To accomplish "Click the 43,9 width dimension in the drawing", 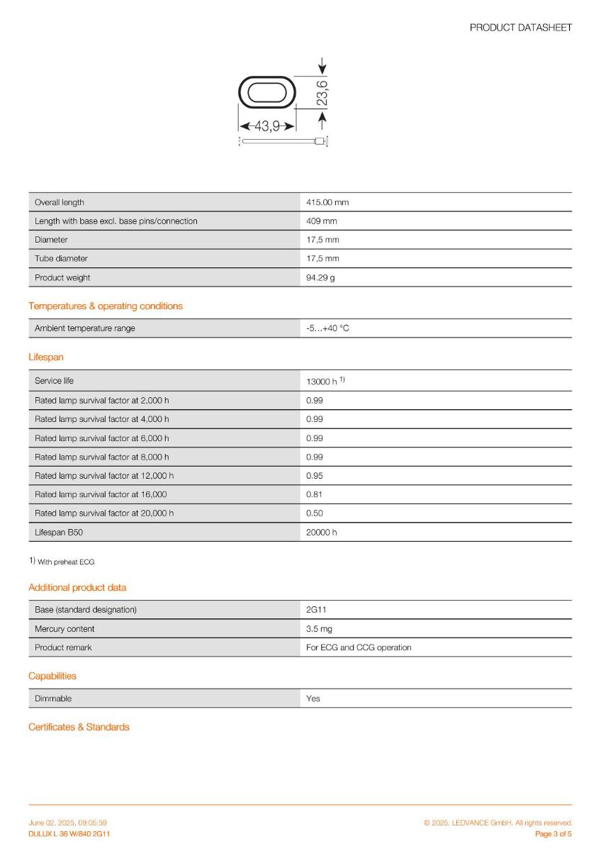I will pos(266,126).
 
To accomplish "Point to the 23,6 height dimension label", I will pos(322,94).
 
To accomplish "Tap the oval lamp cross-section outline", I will pos(266,93).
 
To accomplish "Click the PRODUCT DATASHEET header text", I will pos(520,28).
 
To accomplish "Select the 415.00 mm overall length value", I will pos(327,202).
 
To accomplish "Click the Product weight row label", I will pos(62,277).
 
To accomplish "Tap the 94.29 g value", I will pos(320,277).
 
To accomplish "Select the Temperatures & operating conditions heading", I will pos(106,306).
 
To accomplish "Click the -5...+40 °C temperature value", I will pos(327,328).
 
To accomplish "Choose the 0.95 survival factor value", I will pos(314,476).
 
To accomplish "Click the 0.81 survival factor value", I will pos(314,494).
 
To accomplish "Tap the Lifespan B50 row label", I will pos(59,532).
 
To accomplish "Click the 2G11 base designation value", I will pos(316,610).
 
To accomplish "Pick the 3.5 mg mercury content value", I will pos(319,629).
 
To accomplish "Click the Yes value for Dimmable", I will pos(313,699).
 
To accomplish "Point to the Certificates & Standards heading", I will pos(79,727).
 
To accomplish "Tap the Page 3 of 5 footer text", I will pos(553,834).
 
